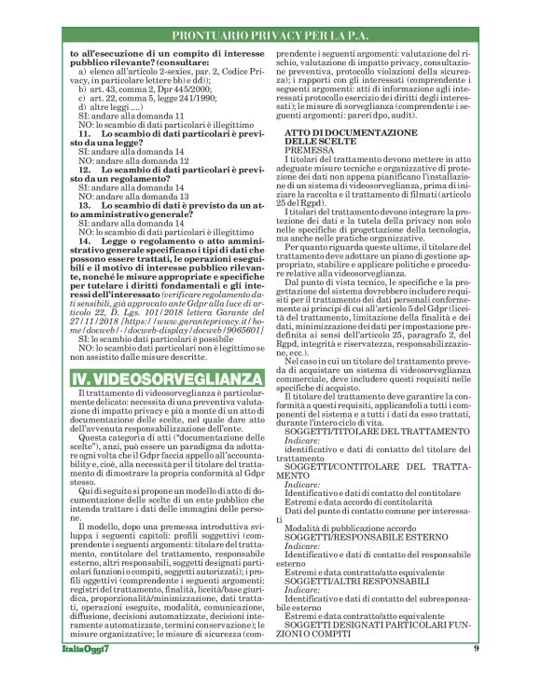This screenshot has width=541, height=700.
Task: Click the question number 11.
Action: pos(84,134)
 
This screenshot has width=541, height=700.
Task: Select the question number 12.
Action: pos(84,171)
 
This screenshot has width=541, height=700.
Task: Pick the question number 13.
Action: pos(84,205)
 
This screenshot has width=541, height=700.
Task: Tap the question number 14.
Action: pos(84,240)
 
